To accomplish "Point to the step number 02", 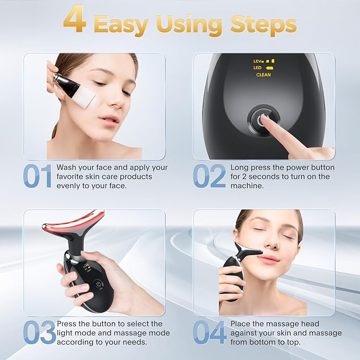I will pos(209,176).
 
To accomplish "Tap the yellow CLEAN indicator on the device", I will pos(264,75).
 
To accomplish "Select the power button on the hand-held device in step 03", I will pos(98,284).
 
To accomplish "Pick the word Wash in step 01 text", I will pos(67,167).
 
